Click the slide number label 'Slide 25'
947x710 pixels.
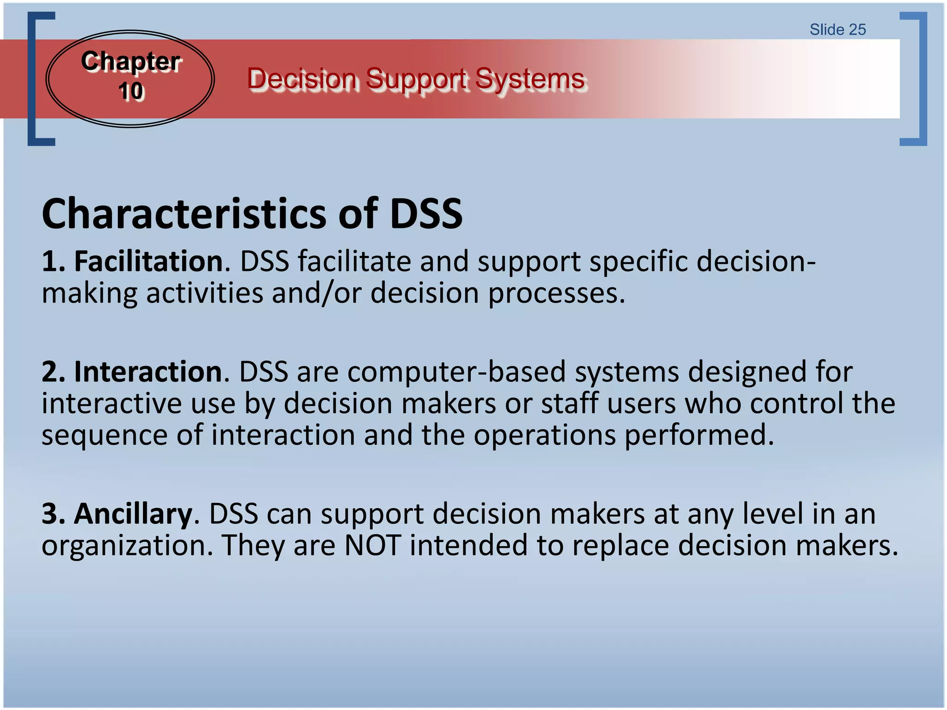(x=837, y=30)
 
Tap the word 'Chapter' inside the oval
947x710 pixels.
(x=130, y=61)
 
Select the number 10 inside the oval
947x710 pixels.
(x=131, y=91)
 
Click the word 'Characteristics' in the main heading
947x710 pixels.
(x=185, y=214)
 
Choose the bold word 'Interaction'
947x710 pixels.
(x=148, y=372)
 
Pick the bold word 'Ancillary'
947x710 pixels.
(x=133, y=514)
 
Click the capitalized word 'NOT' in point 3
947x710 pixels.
(x=373, y=545)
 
